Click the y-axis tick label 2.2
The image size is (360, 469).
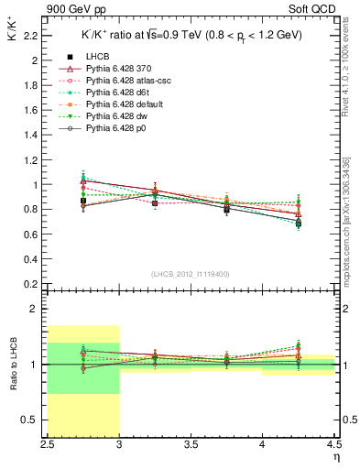pos(30,36)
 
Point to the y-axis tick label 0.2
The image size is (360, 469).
pos(30,284)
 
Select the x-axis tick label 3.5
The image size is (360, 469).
pos(191,446)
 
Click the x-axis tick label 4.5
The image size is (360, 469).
pos(334,446)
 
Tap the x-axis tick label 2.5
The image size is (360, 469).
pos(47,446)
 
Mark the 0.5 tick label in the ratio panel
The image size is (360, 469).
pos(30,420)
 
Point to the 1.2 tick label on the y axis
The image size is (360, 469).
pos(30,159)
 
